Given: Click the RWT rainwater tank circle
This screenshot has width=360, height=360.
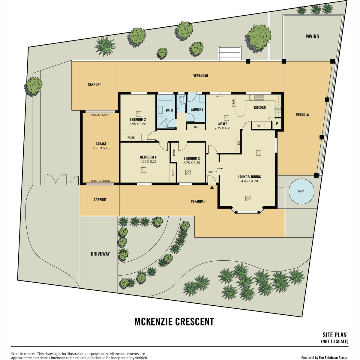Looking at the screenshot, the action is click(x=301, y=191).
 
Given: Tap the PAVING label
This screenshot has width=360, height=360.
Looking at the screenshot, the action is click(x=312, y=36).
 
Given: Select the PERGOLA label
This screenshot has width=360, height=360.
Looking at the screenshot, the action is click(x=302, y=115).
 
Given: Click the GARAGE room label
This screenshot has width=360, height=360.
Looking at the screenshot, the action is click(x=101, y=144).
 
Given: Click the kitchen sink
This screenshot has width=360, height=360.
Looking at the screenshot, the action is click(x=256, y=97).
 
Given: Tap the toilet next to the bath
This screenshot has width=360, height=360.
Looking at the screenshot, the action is click(x=181, y=98).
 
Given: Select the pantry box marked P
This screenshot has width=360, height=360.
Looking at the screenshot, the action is click(x=277, y=124).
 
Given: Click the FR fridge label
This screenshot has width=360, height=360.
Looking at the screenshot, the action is click(x=258, y=126).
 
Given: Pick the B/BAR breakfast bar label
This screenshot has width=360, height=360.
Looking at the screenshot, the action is click(x=233, y=103).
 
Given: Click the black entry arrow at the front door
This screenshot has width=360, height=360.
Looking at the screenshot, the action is click(x=212, y=187).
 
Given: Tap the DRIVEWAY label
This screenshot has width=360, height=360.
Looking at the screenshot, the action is click(x=100, y=254).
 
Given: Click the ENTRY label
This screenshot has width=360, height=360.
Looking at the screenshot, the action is click(x=213, y=172).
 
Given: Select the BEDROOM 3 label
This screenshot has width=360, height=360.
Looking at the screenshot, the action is click(x=191, y=158).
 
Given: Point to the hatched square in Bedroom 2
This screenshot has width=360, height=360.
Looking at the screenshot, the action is click(x=138, y=114).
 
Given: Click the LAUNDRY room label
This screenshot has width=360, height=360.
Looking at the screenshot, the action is click(x=197, y=109).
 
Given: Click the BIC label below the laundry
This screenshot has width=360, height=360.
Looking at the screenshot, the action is click(x=196, y=127).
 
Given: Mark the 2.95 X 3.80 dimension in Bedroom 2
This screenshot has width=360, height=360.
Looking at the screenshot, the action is click(x=138, y=124).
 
